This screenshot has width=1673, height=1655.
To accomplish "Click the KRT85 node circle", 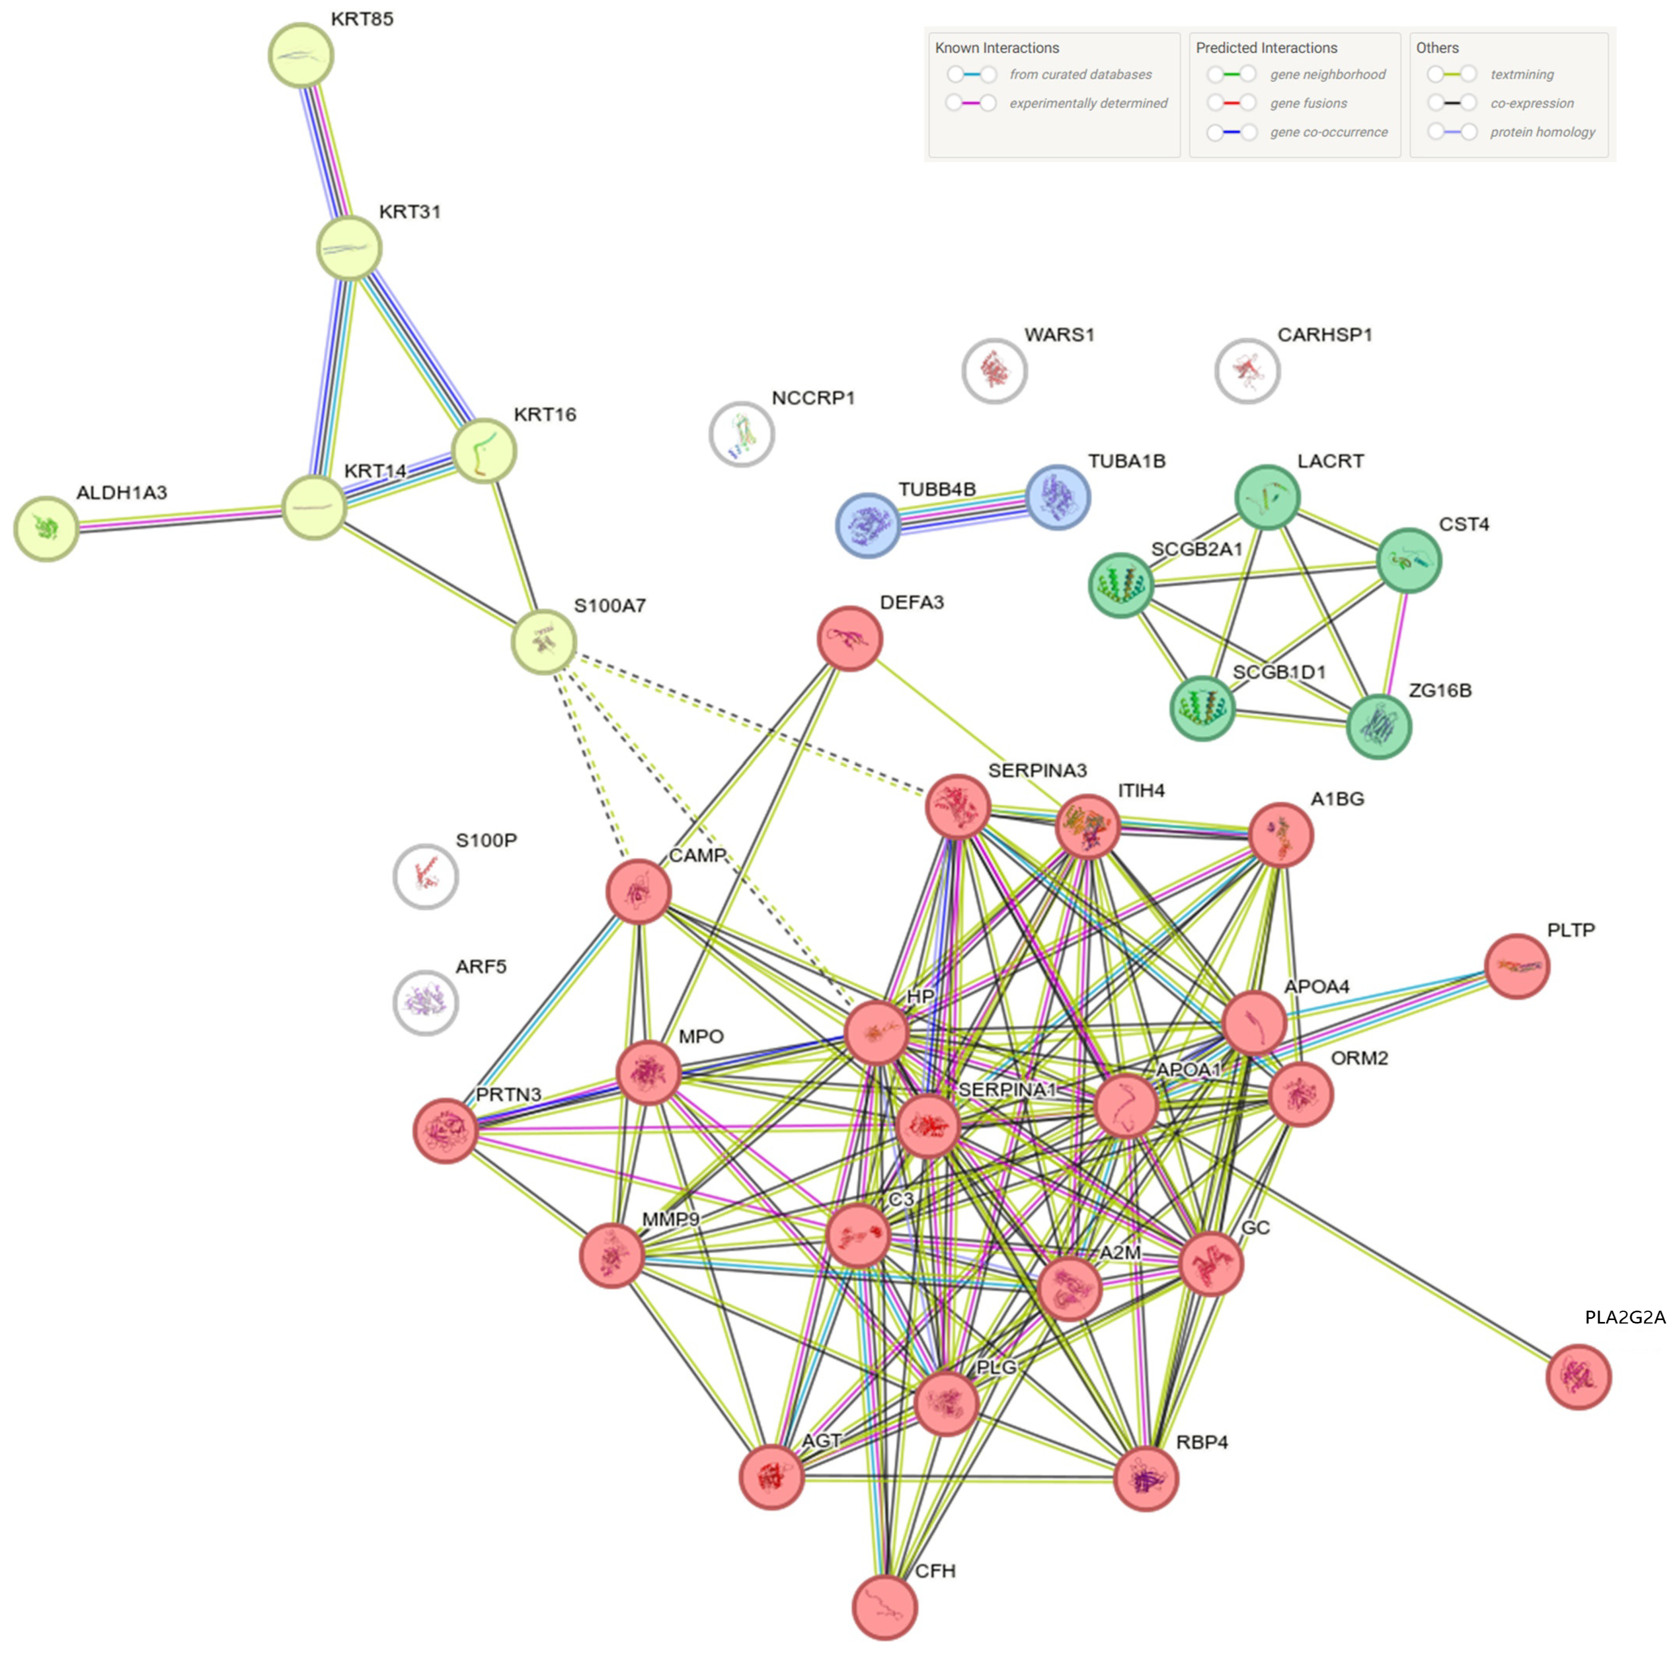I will [x=300, y=56].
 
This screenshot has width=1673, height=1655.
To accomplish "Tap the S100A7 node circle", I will [x=543, y=642].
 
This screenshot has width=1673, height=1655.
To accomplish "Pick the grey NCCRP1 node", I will [x=741, y=434].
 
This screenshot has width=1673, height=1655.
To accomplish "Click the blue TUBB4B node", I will [x=868, y=525].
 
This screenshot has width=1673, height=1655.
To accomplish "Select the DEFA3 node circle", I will [x=850, y=638].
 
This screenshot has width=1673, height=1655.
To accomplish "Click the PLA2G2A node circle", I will [x=1578, y=1376].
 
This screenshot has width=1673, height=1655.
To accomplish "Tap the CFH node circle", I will [x=884, y=1607].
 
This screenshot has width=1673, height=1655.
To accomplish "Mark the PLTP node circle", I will [x=1516, y=966].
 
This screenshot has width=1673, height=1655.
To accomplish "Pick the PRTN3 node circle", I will [x=445, y=1130].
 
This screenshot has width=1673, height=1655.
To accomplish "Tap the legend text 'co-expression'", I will [x=1531, y=103].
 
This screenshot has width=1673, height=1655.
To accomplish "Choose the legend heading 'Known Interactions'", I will [x=996, y=48].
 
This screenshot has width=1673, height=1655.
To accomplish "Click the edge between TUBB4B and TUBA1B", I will [x=962, y=511].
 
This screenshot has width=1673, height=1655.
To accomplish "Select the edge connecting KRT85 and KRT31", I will [x=325, y=152].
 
